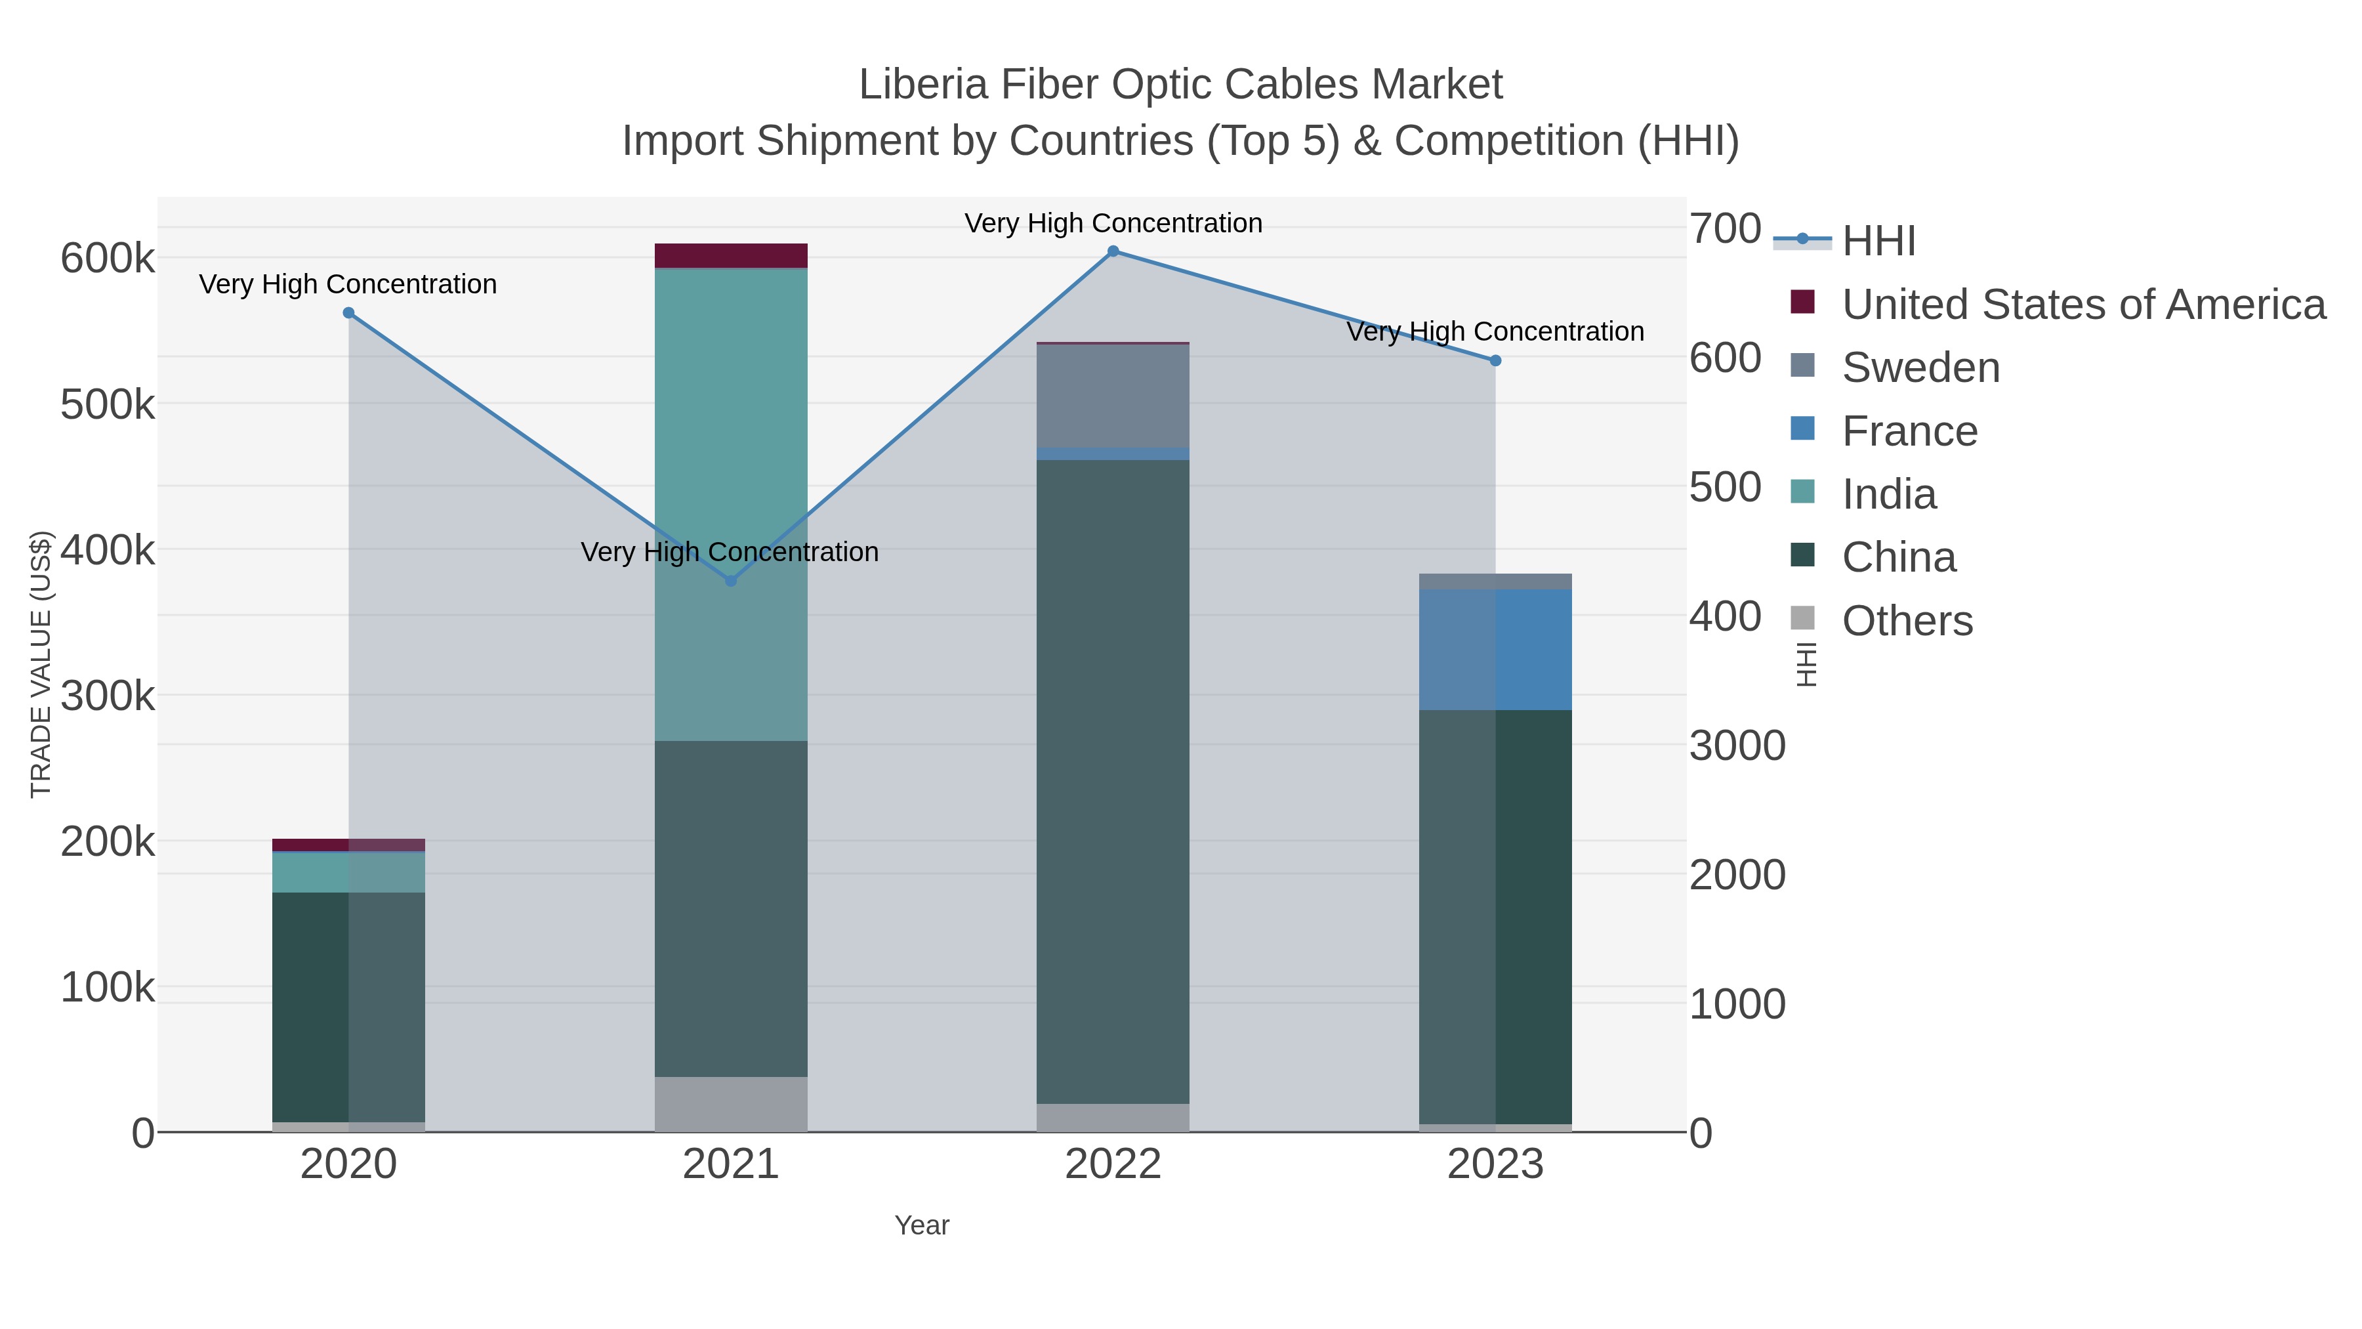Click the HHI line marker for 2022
(1113, 251)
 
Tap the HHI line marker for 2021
(731, 581)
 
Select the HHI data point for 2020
(348, 313)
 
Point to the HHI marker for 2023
(1495, 360)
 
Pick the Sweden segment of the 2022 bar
(1113, 396)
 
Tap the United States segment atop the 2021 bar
(731, 256)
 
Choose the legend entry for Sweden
(1921, 368)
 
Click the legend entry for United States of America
(2083, 305)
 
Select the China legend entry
(1899, 558)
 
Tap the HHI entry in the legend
(1879, 242)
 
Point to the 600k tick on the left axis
(108, 259)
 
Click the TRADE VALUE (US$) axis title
(41, 664)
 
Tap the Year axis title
(922, 1225)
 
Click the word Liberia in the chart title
(923, 85)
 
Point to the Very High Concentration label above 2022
(1113, 223)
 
